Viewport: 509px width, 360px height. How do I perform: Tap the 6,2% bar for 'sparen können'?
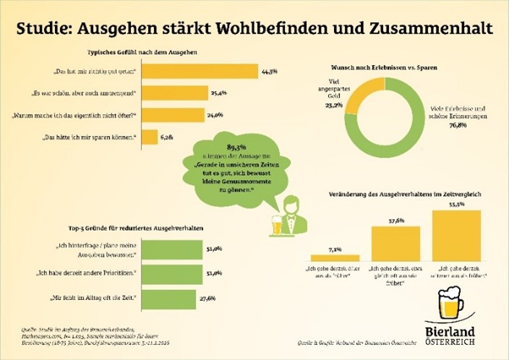click(x=150, y=137)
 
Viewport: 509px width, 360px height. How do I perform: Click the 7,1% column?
click(x=334, y=257)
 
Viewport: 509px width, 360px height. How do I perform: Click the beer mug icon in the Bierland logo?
click(x=451, y=305)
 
